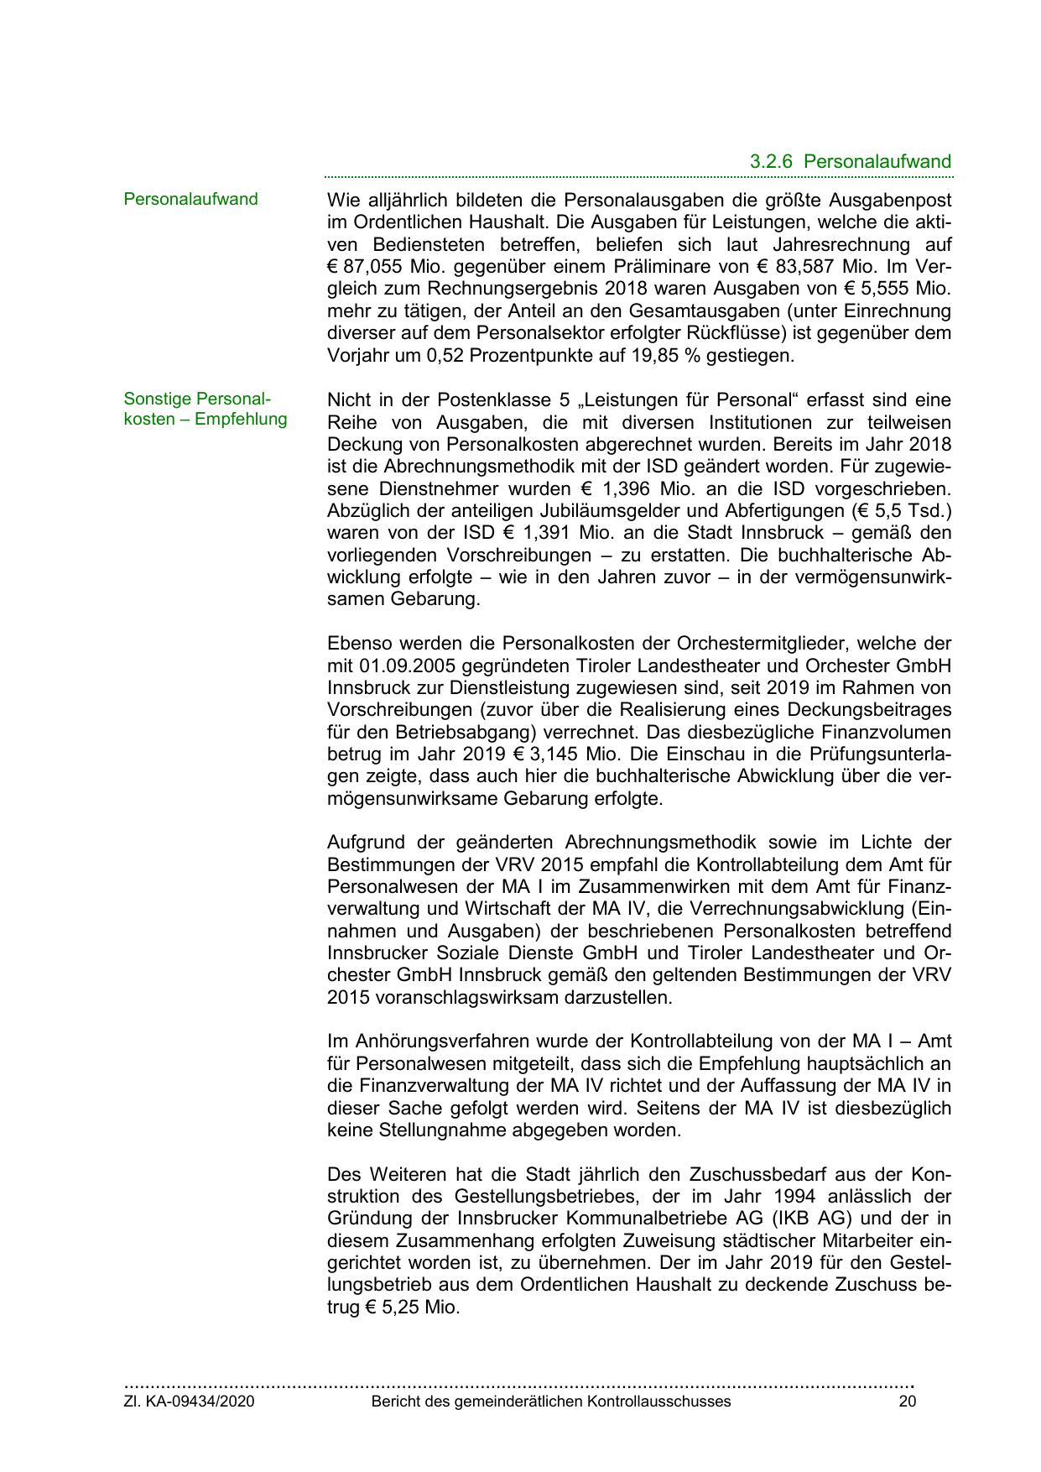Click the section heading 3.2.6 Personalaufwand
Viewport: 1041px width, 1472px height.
[851, 162]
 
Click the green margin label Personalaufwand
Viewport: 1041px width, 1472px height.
[190, 200]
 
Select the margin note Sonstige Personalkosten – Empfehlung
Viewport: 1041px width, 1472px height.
[206, 409]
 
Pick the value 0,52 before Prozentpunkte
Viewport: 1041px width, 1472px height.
[445, 356]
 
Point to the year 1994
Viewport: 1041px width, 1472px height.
[771, 1196]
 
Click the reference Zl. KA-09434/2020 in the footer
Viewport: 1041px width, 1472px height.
[190, 1402]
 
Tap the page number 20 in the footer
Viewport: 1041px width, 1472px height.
[908, 1402]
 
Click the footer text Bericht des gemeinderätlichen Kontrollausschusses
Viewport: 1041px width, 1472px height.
[551, 1402]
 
